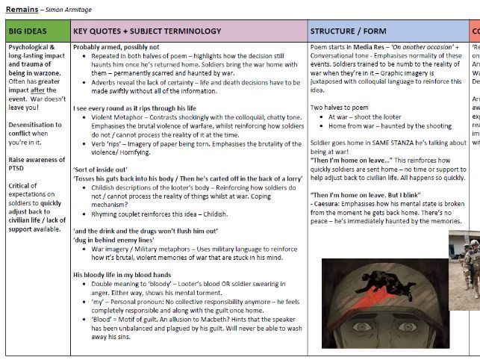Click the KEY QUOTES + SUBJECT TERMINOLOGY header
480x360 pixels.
tap(147, 31)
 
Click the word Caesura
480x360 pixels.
tap(331, 204)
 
